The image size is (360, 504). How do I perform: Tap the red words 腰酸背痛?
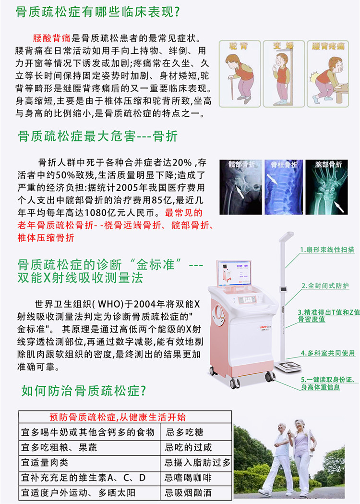click(x=49, y=38)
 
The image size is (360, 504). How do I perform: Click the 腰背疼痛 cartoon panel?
click(x=328, y=73)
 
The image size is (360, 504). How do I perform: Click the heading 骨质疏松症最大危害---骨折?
click(x=97, y=136)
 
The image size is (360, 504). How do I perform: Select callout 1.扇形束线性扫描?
click(x=327, y=250)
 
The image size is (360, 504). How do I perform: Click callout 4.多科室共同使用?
click(x=328, y=353)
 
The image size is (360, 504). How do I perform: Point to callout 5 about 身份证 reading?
click(x=328, y=382)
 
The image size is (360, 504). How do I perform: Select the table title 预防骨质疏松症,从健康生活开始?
click(x=118, y=417)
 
